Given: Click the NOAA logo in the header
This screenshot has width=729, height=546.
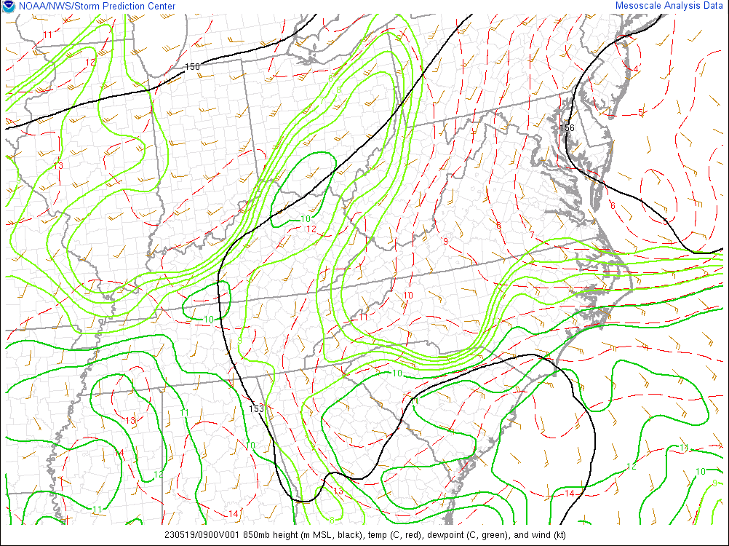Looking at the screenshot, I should tap(7, 6).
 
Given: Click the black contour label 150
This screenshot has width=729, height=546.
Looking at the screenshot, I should tap(192, 67).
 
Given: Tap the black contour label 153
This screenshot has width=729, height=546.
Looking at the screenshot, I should tap(256, 408).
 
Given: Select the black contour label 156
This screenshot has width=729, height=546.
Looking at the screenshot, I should tap(567, 128).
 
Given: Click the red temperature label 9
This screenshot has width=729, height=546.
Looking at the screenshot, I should tap(445, 242).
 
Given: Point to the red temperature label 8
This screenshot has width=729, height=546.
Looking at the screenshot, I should tap(498, 225).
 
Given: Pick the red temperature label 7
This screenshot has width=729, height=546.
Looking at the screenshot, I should tap(532, 234).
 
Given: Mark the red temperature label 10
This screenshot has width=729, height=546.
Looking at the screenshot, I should tap(408, 296).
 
